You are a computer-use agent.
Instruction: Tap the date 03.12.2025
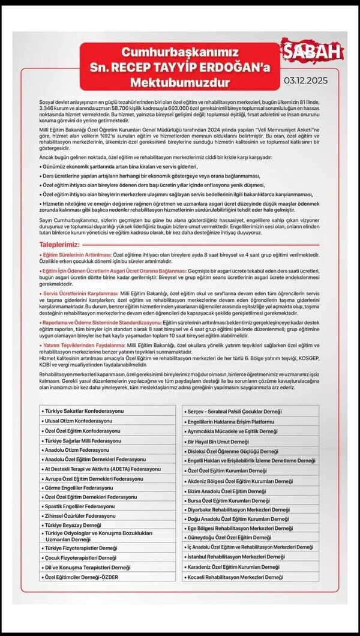(x=305, y=79)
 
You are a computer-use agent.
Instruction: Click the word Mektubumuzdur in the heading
(x=181, y=77)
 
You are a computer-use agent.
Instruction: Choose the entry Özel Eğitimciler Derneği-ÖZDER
(x=81, y=577)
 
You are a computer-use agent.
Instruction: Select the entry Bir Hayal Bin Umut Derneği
(x=218, y=441)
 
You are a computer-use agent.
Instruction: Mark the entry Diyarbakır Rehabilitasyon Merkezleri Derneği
(x=238, y=509)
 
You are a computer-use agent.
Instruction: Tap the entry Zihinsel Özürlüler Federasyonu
(x=80, y=515)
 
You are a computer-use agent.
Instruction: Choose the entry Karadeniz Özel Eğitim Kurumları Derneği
(x=233, y=566)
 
